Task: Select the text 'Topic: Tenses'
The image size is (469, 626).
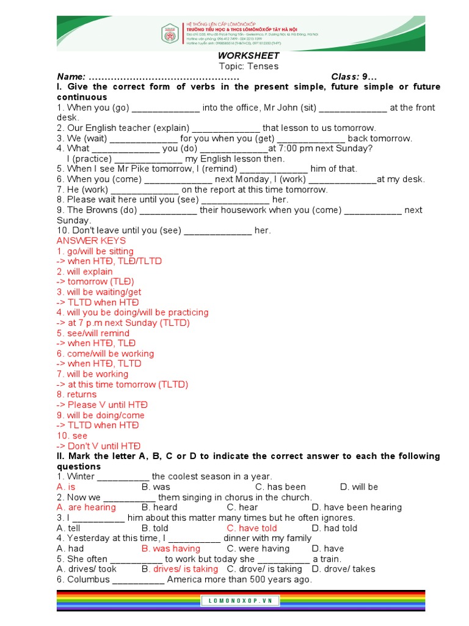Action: tap(248, 67)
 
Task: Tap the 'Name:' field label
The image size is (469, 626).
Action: tap(71, 77)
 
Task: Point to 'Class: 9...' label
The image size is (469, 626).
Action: tap(354, 77)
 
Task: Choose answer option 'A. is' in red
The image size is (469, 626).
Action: tap(67, 487)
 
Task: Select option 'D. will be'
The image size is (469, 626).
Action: tap(359, 487)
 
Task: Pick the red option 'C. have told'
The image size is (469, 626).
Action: tap(252, 528)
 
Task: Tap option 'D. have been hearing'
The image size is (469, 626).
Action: tap(357, 507)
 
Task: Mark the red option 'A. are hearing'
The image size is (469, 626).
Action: tap(86, 507)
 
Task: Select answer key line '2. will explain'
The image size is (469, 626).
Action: tap(85, 271)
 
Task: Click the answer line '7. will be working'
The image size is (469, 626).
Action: tap(93, 374)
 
